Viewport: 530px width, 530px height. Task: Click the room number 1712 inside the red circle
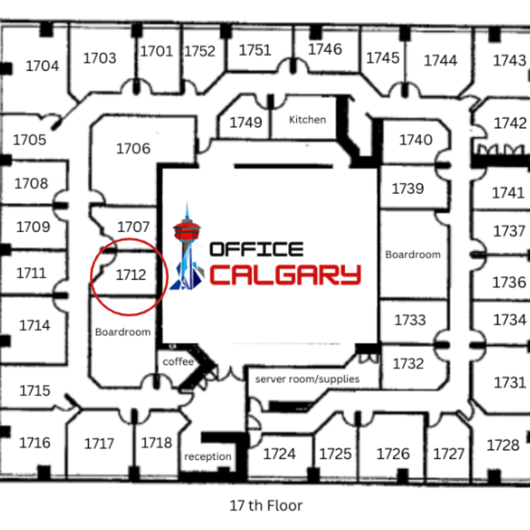click(x=131, y=274)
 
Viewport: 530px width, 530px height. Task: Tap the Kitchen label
click(x=307, y=120)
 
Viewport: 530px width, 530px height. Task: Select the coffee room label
click(x=178, y=362)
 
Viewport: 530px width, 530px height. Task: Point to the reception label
click(x=208, y=456)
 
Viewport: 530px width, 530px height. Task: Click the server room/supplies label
click(x=307, y=379)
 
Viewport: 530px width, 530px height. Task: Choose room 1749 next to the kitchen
click(x=246, y=123)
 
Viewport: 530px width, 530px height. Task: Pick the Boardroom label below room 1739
click(x=413, y=254)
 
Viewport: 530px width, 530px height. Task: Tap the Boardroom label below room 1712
click(x=123, y=331)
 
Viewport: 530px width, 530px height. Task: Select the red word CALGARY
click(x=286, y=274)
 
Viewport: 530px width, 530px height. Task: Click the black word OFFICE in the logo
click(x=256, y=249)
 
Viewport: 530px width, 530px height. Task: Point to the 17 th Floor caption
click(x=266, y=505)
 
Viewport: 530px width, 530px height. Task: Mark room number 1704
click(x=42, y=66)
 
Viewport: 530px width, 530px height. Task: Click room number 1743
click(x=509, y=61)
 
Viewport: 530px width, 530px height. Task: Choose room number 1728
click(x=503, y=445)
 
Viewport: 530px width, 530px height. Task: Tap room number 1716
click(x=34, y=443)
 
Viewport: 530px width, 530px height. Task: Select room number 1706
click(x=133, y=148)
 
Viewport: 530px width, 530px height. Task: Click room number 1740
click(x=415, y=140)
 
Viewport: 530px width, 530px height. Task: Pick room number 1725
click(x=335, y=454)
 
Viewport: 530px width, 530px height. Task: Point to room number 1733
click(x=410, y=321)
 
